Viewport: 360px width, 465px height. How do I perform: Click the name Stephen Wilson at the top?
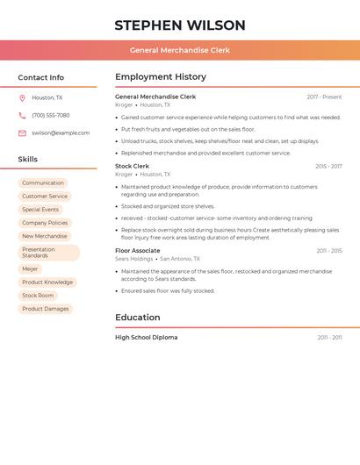(180, 25)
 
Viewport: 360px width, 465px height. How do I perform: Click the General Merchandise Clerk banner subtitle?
(180, 50)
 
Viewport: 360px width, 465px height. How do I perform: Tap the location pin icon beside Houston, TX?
(22, 98)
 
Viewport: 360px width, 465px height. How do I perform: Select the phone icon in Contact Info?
(22, 115)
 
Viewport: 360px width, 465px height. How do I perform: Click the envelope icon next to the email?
(22, 133)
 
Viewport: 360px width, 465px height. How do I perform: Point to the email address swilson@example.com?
(61, 133)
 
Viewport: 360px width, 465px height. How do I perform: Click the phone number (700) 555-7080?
(51, 115)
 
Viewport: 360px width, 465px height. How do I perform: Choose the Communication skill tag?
(43, 183)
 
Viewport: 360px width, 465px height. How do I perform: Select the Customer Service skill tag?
(45, 197)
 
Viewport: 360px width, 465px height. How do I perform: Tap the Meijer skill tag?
(30, 269)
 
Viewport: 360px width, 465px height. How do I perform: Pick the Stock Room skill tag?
(38, 296)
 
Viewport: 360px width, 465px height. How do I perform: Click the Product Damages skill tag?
(46, 309)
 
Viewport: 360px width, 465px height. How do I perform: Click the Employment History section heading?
(161, 77)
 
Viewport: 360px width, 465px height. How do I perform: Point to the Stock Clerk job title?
(133, 166)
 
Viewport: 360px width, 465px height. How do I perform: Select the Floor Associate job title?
(138, 251)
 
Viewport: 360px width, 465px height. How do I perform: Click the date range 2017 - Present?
(324, 97)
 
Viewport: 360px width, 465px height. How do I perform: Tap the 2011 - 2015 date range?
(329, 251)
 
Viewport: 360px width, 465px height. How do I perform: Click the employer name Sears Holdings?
(134, 259)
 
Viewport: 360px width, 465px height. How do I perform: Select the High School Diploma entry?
(147, 338)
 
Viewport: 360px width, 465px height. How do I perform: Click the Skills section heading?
(28, 160)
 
